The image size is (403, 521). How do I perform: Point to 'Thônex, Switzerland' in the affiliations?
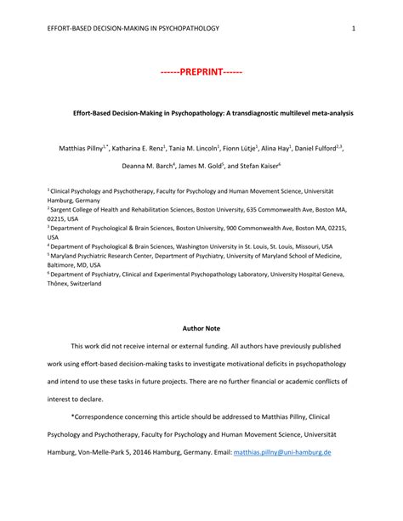tap(74, 284)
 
